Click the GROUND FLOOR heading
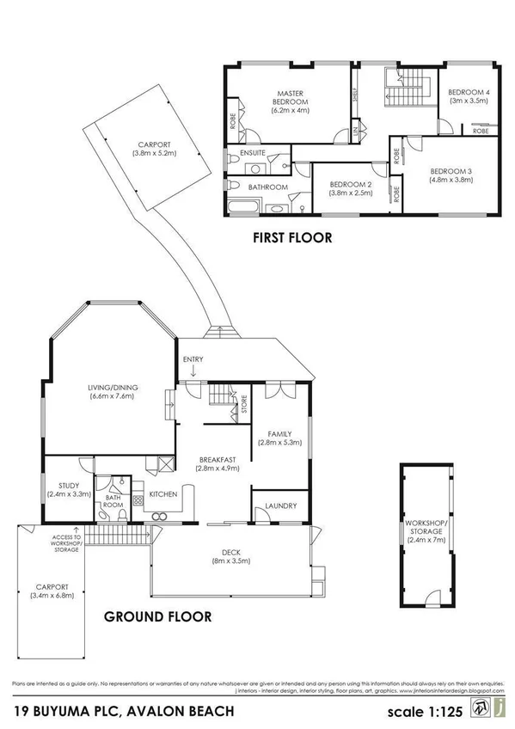pos(157,616)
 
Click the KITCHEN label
pos(163,494)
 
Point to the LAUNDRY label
pos(281,506)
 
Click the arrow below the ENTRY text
pos(195,372)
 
